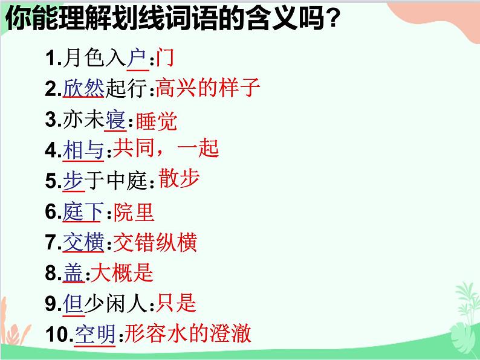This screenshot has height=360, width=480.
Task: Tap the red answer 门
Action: [165, 58]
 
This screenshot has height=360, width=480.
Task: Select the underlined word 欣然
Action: [83, 89]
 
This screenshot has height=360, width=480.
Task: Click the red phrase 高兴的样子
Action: [207, 89]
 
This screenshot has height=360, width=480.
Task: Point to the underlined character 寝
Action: [115, 120]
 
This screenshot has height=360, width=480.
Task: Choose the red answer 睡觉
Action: [157, 121]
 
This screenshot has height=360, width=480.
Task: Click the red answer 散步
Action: [179, 179]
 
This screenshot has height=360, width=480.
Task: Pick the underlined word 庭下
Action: [83, 212]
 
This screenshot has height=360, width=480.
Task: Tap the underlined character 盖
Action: [73, 274]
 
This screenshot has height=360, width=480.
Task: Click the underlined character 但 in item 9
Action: [73, 304]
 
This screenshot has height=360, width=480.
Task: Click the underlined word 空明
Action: [95, 335]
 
